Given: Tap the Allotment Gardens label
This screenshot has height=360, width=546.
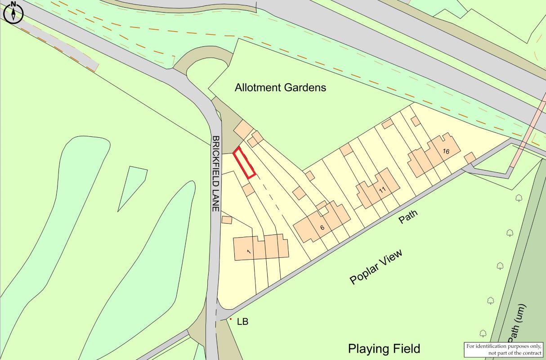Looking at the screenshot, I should coord(280,87).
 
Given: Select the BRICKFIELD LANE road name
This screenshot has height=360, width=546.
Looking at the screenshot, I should coord(216,174).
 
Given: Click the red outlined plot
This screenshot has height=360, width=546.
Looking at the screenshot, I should coord(244,163).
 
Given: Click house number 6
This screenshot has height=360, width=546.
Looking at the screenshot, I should coord(322,228).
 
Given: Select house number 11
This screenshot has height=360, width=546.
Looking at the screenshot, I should coord(382,190).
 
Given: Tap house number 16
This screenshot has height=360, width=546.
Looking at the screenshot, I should coord(445,151).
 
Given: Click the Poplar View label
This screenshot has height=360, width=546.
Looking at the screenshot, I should coord(376,266).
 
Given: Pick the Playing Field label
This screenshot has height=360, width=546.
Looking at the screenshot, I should coord(384,348).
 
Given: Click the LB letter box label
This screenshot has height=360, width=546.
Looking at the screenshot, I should coord(242,322).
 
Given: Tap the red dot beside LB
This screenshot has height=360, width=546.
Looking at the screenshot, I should coord(231,319).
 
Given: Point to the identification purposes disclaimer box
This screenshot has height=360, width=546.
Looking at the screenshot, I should coord(504,349).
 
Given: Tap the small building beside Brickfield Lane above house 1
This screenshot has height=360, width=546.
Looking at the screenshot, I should coord(227,220).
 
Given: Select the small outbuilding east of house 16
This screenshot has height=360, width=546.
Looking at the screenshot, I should coord(470,158).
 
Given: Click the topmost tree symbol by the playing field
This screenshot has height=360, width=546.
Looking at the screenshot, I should coord(519,197).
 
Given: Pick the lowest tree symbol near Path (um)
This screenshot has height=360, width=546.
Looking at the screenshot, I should coord(483,333).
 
